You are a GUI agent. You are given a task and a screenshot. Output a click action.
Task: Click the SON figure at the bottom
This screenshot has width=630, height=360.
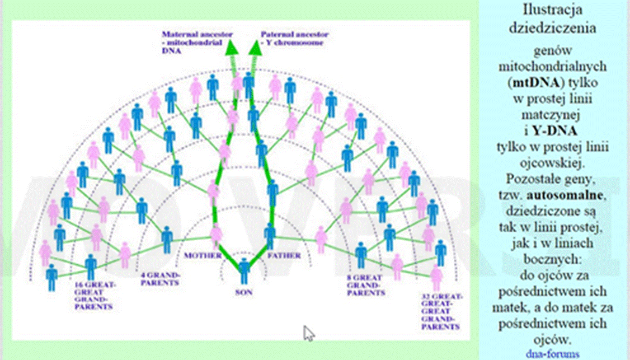coord(244,271)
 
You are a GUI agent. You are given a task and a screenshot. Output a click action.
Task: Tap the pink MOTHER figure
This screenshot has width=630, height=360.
coord(216,236)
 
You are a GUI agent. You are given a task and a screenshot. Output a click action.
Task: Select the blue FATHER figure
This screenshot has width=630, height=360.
coord(270,236)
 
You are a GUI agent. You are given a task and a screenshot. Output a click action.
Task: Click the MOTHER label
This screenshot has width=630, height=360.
coord(203,255)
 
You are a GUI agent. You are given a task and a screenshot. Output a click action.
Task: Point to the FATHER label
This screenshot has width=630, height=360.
coord(284,255)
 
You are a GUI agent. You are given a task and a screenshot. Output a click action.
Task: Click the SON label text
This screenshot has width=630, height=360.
coord(244,292)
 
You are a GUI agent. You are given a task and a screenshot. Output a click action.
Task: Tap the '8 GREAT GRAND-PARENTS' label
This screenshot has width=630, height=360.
coord(365,285)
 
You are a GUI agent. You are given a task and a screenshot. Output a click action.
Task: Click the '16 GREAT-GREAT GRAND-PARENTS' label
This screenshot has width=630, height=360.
coord(95,296)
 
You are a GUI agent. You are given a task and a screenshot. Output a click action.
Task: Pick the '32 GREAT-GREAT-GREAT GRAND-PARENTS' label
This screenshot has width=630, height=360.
coord(441,312)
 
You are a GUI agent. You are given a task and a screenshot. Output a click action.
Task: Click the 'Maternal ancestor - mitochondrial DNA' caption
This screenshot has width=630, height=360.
coord(197,43)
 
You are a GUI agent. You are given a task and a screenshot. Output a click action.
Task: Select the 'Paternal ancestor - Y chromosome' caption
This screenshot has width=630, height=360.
coord(294,39)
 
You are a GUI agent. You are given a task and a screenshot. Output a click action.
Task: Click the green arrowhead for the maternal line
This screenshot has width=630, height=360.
coord(232,48)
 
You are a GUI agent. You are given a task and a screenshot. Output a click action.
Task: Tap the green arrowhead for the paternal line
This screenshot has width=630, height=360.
coord(256,48)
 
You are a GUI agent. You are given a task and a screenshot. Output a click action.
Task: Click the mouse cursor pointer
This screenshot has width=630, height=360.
coord(308,334)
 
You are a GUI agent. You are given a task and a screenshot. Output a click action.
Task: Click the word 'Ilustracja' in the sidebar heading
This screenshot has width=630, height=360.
coord(552,10)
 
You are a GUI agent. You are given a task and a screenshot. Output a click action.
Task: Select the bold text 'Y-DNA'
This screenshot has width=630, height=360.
coord(555,130)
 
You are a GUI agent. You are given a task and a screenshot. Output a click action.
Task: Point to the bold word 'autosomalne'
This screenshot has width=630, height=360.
coord(565,195)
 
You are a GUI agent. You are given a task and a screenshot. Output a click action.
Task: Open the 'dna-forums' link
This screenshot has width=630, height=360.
coord(552,354)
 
